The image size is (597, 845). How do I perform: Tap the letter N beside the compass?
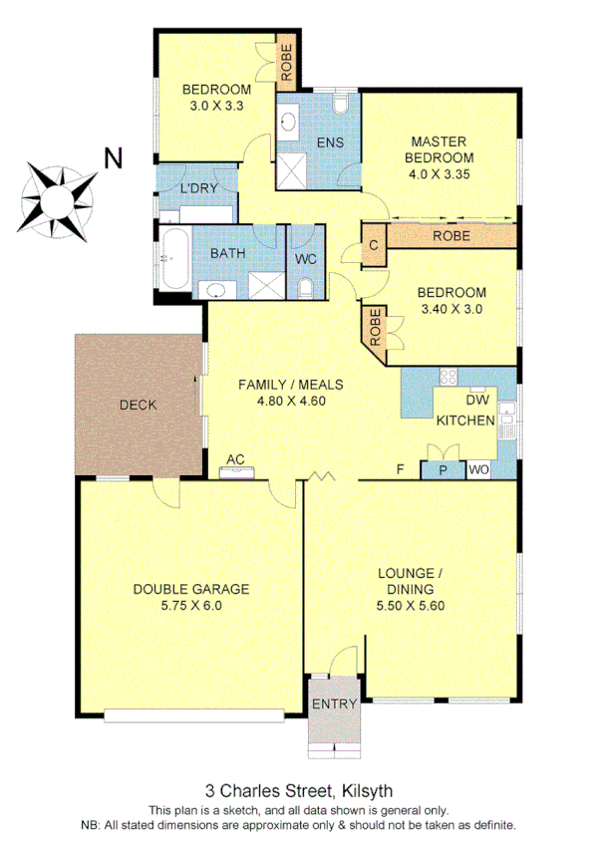(115, 156)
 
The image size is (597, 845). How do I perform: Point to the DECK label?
(137, 405)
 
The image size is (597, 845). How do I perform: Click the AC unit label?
(235, 460)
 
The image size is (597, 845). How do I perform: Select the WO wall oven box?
(478, 469)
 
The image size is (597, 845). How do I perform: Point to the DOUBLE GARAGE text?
(191, 588)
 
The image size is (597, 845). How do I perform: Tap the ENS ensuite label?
(330, 142)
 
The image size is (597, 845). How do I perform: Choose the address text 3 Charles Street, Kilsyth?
(298, 785)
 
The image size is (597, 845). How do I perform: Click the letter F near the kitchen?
(400, 468)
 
